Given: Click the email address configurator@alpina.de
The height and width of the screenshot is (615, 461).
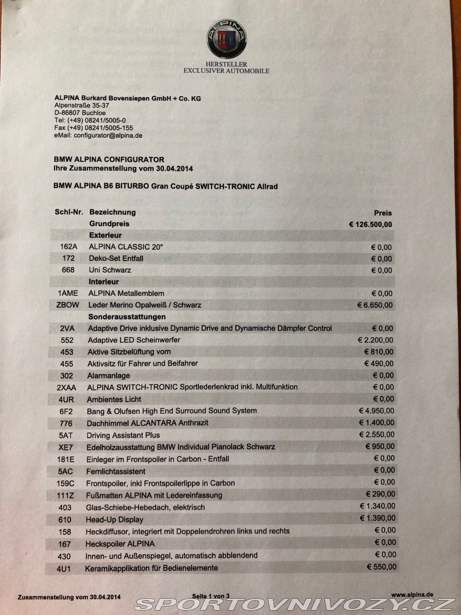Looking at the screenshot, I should click(108, 135).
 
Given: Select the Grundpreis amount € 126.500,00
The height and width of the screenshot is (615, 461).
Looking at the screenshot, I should click(370, 224).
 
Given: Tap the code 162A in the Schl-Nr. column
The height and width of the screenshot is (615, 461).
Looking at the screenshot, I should click(69, 247).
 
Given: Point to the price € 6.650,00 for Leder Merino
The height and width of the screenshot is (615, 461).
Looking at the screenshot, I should click(375, 305).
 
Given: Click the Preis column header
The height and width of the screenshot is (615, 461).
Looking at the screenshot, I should click(383, 213).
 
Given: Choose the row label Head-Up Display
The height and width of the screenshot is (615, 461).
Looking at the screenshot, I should click(114, 519).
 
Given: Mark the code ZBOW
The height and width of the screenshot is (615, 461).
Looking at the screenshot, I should click(68, 305).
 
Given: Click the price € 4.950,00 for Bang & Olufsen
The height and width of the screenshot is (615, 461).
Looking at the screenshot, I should click(376, 411).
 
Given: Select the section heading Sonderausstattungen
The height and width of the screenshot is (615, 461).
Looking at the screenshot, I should click(127, 317).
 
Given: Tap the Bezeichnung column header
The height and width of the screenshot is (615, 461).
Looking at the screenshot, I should click(112, 212).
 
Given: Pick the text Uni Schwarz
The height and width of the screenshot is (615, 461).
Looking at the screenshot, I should click(110, 270).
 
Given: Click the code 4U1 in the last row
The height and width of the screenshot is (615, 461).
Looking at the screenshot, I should click(63, 568).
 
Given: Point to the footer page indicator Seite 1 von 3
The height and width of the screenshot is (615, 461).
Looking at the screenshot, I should click(211, 596).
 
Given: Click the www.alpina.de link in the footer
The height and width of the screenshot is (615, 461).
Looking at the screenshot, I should click(412, 595).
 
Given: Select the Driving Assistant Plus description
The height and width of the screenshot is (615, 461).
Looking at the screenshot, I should click(123, 435).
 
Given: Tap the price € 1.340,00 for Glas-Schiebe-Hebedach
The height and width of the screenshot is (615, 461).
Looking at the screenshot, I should click(377, 506).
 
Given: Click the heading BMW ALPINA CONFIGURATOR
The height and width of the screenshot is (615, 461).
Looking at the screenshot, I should click(109, 160).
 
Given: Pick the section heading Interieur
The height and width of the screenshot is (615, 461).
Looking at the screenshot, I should click(103, 282).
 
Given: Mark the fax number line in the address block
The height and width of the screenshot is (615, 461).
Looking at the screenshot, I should click(94, 128).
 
